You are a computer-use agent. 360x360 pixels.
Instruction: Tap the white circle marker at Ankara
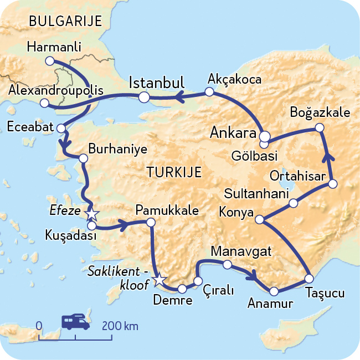pyautogui.click(x=265, y=136)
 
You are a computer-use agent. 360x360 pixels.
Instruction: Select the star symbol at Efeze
pyautogui.click(x=91, y=213)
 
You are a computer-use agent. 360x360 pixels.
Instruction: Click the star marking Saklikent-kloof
pyautogui.click(x=159, y=280)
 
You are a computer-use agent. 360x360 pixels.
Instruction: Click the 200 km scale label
pyautogui.click(x=120, y=326)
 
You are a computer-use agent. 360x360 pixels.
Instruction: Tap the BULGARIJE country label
pyautogui.click(x=65, y=22)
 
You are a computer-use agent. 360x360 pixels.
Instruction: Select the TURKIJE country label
pyautogui.click(x=174, y=172)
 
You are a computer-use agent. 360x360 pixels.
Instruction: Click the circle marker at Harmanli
pyautogui.click(x=50, y=60)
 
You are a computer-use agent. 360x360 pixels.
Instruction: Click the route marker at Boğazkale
pyautogui.click(x=319, y=128)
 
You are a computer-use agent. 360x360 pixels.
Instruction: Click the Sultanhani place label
pyautogui.click(x=257, y=194)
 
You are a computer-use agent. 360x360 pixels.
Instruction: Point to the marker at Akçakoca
pyautogui.click(x=209, y=92)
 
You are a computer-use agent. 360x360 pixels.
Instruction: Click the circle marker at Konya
pyautogui.click(x=259, y=219)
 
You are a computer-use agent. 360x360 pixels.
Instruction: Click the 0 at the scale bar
pyautogui.click(x=39, y=326)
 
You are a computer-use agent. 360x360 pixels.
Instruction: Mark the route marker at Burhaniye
pyautogui.click(x=84, y=158)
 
